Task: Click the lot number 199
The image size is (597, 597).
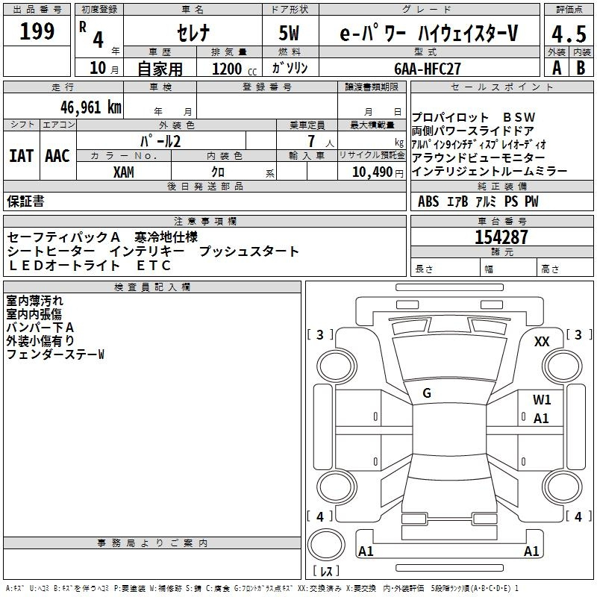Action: click(37, 32)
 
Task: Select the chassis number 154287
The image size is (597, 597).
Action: click(501, 237)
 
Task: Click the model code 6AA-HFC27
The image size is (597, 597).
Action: click(428, 68)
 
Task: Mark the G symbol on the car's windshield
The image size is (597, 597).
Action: click(427, 393)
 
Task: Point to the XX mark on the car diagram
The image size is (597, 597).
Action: click(543, 341)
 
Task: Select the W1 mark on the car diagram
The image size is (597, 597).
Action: click(542, 400)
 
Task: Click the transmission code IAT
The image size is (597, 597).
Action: click(21, 156)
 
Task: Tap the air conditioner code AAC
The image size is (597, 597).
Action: click(57, 156)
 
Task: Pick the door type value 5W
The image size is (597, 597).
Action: click(291, 33)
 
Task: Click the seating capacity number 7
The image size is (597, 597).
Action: click(309, 140)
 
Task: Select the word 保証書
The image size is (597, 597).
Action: click(25, 201)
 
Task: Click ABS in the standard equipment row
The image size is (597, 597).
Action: click(428, 201)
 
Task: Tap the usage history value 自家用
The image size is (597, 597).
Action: click(160, 69)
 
